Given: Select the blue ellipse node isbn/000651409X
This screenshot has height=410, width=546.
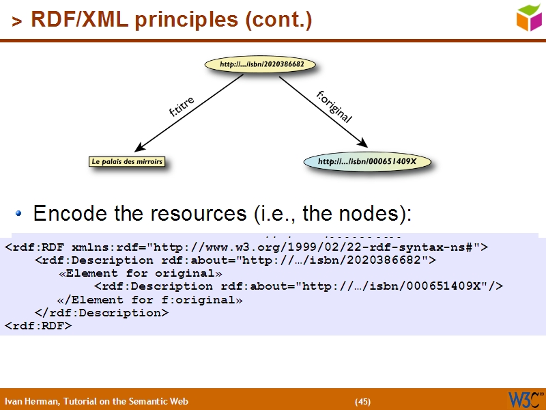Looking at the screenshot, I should pyautogui.click(x=367, y=162).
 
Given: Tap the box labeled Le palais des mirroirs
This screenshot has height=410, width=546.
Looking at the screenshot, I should pyautogui.click(x=127, y=162).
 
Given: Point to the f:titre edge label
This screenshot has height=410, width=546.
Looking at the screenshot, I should pyautogui.click(x=182, y=107).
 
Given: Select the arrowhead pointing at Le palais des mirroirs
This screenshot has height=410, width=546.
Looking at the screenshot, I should pyautogui.click(x=141, y=148).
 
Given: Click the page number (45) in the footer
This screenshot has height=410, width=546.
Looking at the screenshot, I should pyautogui.click(x=362, y=401).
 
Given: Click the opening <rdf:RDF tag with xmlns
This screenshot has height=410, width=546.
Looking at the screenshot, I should pyautogui.click(x=41, y=247).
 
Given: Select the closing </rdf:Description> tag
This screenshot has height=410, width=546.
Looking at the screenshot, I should pyautogui.click(x=101, y=312).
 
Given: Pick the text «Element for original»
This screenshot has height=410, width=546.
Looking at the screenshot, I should pyautogui.click(x=141, y=273).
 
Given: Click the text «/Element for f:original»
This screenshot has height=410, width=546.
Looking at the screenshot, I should pyautogui.click(x=149, y=299).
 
